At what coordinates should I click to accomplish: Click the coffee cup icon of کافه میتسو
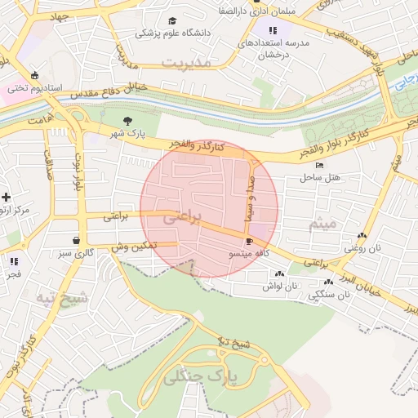[249, 242]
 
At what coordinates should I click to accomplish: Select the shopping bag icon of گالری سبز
[77, 241]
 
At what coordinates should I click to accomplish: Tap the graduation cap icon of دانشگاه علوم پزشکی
[171, 20]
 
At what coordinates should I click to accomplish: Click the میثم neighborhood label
[323, 223]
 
